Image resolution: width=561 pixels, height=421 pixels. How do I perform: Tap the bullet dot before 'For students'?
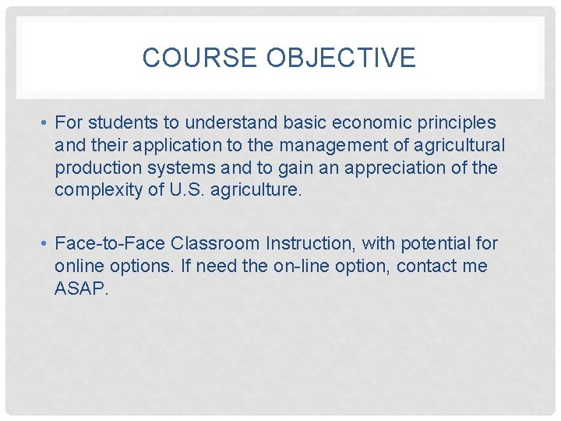tap(47, 123)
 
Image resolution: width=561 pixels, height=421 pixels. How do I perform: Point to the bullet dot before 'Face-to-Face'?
tap(47, 244)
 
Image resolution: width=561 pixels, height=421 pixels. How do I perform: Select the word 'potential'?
tap(432, 244)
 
